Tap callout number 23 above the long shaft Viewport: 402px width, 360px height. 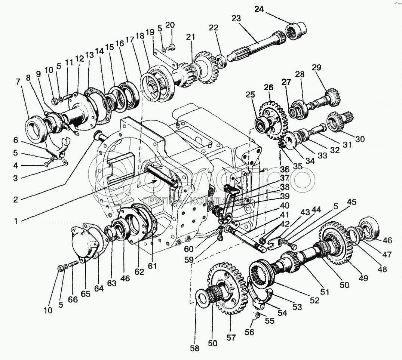(x=236, y=18)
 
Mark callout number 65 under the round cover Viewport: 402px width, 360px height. (x=86, y=294)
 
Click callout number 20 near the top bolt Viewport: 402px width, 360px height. (x=170, y=25)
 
